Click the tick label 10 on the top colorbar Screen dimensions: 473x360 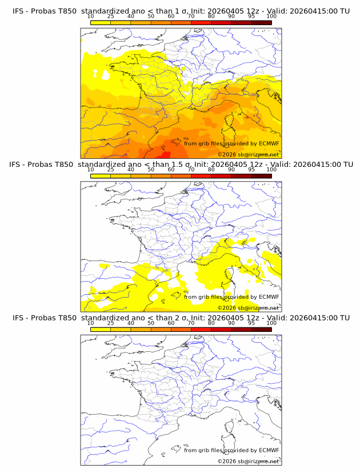pyautogui.click(x=90, y=16)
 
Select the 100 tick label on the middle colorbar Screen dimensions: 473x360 pyautogui.click(x=271, y=170)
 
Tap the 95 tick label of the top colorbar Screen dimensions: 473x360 pyautogui.click(x=251, y=16)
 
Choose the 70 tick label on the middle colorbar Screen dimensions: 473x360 pyautogui.click(x=191, y=170)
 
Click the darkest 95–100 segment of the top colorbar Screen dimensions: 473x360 pyautogui.click(x=261, y=22)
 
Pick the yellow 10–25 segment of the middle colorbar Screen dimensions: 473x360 pyautogui.click(x=100, y=176)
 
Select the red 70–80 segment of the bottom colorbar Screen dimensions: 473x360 pyautogui.click(x=201, y=330)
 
